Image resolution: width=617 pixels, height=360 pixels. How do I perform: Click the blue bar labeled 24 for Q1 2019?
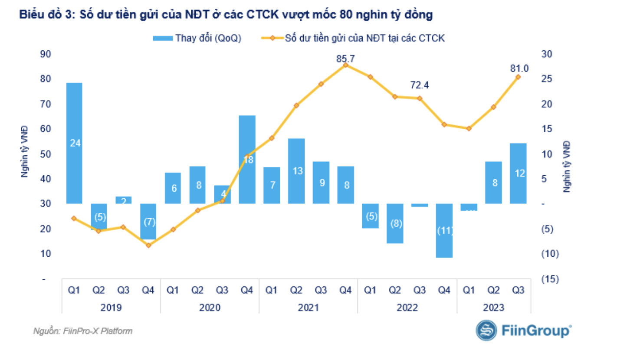(x=75, y=143)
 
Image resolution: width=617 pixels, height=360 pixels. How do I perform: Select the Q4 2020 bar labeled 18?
(x=247, y=160)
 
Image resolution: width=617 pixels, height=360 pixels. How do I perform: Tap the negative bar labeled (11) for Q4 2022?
(x=444, y=230)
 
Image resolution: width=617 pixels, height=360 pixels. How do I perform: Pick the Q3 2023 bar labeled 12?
(x=518, y=173)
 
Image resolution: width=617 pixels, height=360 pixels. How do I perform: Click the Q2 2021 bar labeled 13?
(x=296, y=171)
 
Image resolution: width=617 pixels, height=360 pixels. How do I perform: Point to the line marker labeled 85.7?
(x=346, y=65)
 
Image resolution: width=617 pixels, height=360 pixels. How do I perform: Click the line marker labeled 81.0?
(x=518, y=77)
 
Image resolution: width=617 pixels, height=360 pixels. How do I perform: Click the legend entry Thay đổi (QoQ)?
(x=197, y=38)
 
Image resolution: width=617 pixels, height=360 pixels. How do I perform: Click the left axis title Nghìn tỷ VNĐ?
(x=24, y=151)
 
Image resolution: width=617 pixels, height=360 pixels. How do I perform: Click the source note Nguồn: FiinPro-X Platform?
(x=83, y=331)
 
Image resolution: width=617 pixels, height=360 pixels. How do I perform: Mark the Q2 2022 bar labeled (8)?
(x=395, y=223)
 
